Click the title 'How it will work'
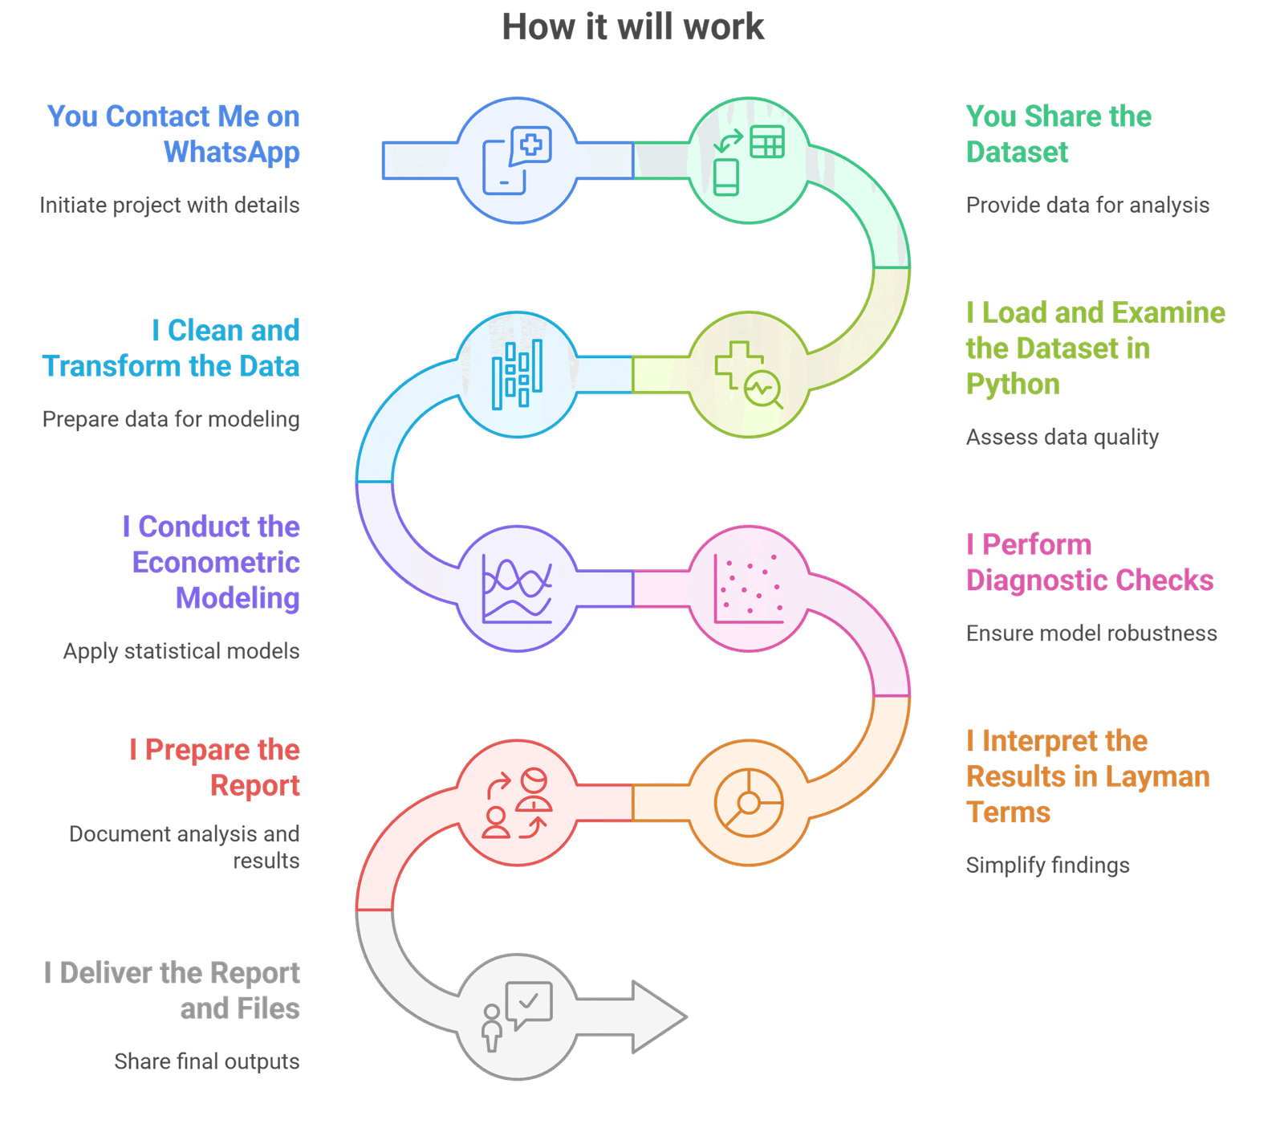coord(632,26)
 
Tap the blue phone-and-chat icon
coord(517,161)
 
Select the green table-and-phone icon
coord(749,161)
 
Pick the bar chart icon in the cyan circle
coord(517,375)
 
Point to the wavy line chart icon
coord(517,588)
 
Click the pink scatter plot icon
coord(749,588)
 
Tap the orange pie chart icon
coord(749,803)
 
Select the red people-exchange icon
coord(517,803)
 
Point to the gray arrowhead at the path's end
coord(660,1016)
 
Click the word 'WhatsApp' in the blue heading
coord(232,153)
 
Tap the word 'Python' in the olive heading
coord(1013,385)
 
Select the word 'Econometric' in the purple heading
coord(216,562)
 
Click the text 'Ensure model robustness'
coord(1091,633)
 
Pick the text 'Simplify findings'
coord(1047,865)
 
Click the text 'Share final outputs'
coord(207,1061)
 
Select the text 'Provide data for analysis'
coord(1087,206)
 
